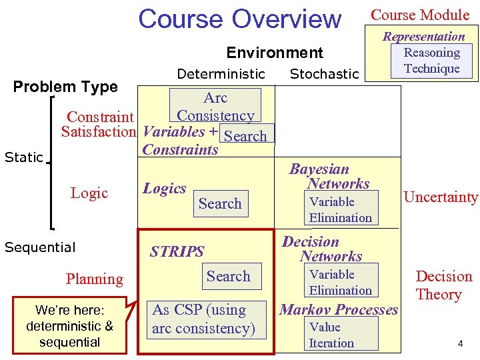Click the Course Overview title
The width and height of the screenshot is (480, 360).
tap(239, 19)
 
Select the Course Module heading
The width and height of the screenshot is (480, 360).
tap(420, 15)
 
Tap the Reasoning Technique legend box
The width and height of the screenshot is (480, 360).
tap(431, 61)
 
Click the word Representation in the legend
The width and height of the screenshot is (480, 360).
tap(423, 36)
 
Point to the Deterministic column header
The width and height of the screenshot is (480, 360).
tap(221, 73)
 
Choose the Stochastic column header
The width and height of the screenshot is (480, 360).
tap(324, 73)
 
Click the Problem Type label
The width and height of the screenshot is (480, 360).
tap(65, 87)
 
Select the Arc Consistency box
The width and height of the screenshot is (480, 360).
tap(215, 106)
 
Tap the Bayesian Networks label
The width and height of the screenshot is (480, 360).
tap(329, 177)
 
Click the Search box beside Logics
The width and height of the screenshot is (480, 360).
tap(220, 203)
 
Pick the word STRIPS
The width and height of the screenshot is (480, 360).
tap(177, 251)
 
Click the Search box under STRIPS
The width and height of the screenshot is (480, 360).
tap(228, 276)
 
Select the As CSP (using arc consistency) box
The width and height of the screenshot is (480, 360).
tap(203, 319)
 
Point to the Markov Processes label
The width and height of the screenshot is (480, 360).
tap(339, 309)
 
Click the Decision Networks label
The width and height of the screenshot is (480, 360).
tap(321, 249)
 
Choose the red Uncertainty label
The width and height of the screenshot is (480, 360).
tap(441, 197)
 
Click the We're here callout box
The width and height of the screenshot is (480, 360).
tap(69, 325)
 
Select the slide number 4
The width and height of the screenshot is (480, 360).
tap(460, 343)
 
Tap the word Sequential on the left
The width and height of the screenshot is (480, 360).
tap(40, 247)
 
